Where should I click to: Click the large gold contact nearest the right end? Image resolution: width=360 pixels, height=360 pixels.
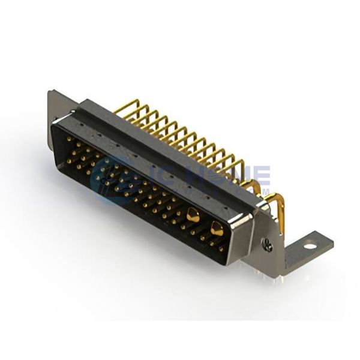point(217,228)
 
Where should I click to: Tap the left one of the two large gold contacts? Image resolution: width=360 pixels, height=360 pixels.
point(193,214)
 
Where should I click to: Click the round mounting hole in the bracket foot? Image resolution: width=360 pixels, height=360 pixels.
point(309,245)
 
